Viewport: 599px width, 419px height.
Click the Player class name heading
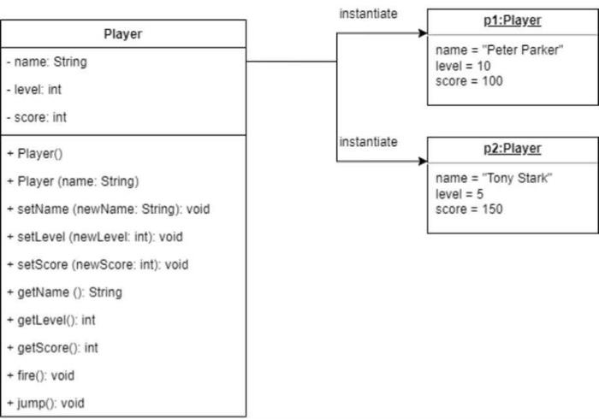pos(122,35)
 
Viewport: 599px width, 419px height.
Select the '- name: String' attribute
pos(46,62)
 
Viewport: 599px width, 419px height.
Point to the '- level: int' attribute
pos(33,89)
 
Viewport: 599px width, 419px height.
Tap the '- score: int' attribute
pos(36,117)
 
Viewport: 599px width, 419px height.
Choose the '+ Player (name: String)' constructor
pos(72,181)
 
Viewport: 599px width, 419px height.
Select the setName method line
pos(108,209)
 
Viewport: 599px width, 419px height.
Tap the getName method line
pos(64,292)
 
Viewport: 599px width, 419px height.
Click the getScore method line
pos(52,347)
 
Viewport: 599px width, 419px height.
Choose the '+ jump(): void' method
pos(45,403)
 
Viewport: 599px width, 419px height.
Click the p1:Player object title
pos(513,20)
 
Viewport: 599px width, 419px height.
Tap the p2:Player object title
pos(513,148)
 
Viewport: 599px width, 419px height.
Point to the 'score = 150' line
pos(469,209)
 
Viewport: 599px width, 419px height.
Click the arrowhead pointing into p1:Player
pos(422,33)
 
